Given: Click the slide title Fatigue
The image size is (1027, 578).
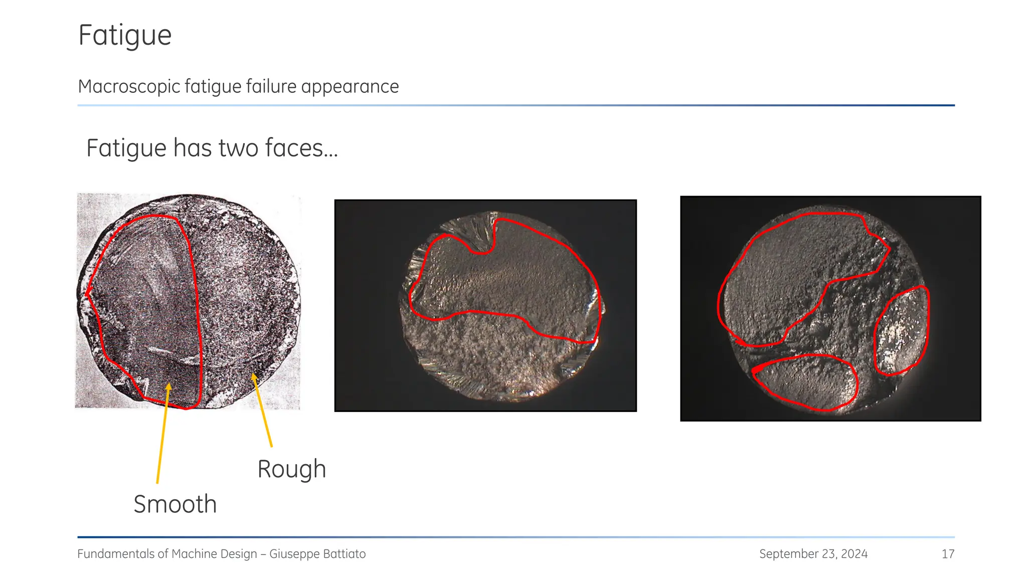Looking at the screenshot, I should coord(125,36).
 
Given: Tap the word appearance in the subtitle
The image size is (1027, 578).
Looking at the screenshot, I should coord(350,87).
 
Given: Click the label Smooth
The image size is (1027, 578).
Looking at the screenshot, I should coord(175,504).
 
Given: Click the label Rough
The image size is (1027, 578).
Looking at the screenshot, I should coord(291,469).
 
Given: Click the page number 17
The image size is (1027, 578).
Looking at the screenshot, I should coord(948,554).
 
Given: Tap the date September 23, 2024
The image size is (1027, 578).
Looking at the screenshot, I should coord(813,554).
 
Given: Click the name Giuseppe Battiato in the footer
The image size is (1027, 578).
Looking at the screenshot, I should coord(317,554).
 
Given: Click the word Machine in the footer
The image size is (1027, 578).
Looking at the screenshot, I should coord(193,554).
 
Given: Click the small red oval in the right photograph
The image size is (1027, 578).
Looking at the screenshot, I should coord(902,331).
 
